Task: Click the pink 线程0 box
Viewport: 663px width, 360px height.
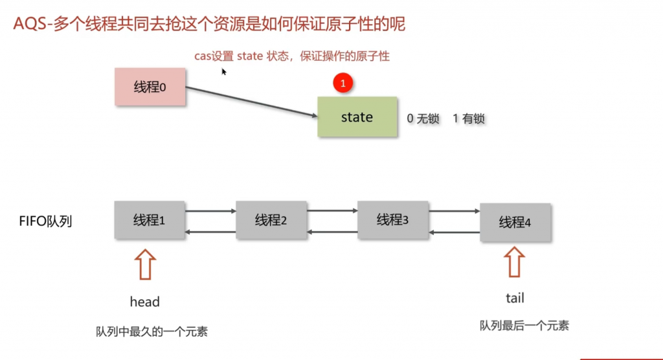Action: tap(150, 87)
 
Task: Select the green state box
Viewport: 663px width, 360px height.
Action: tap(357, 117)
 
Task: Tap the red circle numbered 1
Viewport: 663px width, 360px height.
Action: tap(343, 84)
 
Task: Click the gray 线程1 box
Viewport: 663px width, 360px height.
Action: tap(150, 220)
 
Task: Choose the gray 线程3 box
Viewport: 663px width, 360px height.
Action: tap(392, 220)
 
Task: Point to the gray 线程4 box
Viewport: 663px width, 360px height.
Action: tap(515, 223)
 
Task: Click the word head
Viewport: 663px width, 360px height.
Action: tap(144, 302)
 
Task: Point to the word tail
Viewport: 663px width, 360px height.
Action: tap(515, 298)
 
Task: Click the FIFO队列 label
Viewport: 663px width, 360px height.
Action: tap(45, 221)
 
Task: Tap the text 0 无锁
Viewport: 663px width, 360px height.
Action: tap(423, 119)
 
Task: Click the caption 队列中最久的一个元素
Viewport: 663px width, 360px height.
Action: tap(152, 332)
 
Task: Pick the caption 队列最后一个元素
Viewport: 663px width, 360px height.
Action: tap(524, 326)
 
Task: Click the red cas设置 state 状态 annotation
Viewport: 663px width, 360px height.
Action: tap(292, 56)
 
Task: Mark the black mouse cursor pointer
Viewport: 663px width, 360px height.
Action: tap(224, 72)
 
